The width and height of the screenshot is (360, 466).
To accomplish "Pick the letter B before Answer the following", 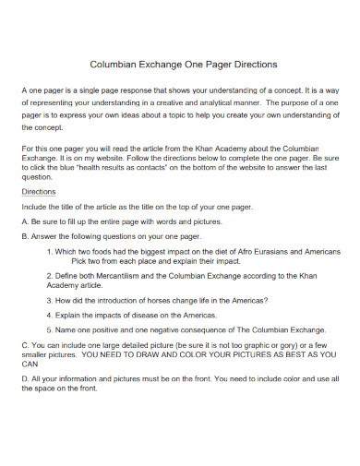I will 24,236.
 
